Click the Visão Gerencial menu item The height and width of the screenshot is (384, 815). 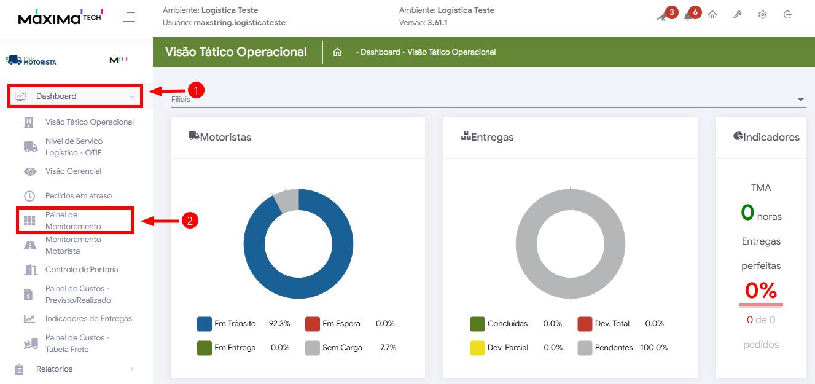point(73,171)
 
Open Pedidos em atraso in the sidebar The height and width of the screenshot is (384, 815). point(78,196)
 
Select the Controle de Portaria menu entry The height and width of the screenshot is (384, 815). point(81,270)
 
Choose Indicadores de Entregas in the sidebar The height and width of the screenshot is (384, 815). point(88,319)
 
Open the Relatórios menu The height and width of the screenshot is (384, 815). point(54,369)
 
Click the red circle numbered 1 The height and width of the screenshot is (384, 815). point(195,90)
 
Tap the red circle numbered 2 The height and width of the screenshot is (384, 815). point(190,221)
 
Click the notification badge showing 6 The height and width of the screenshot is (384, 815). point(695,12)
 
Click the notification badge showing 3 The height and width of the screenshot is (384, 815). point(671,12)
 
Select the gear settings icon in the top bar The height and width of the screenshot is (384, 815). point(762,15)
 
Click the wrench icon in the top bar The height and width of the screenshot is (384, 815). point(738,15)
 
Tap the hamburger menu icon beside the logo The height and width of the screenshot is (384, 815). point(127,17)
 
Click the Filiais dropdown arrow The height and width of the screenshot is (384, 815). point(800,100)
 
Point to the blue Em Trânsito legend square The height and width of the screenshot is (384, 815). point(205,324)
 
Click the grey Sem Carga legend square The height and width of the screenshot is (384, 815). point(313,348)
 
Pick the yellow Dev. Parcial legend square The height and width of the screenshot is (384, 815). point(477,348)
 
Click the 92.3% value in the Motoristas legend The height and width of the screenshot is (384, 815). point(279,324)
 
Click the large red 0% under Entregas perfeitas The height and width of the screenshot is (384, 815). point(760,290)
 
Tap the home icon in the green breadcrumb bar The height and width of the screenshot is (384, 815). point(337,52)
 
